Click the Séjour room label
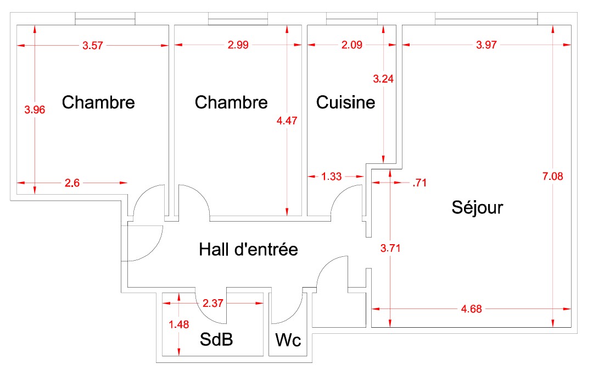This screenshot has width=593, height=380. pos(477,208)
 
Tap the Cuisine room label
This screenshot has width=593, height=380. pos(346,102)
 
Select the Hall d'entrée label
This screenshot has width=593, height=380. pos(249,249)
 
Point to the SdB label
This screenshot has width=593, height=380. pos(216,339)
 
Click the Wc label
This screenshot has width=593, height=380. pos(288,340)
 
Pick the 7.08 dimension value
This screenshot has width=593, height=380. pos(552,176)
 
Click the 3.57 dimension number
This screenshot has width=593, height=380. pos(93,46)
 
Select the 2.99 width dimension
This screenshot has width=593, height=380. pos(238,45)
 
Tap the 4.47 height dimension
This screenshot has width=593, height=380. pos(287,120)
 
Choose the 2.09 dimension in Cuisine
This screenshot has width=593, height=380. pos(352,45)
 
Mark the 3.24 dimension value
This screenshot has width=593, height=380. pos(383,79)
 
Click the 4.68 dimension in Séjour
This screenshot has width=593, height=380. pos(471,309)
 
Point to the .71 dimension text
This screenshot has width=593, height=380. pos(419,183)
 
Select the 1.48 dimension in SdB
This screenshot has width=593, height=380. pos(178,324)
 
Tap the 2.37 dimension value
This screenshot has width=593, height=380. pos(212,303)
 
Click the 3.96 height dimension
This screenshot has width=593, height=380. pos(35,110)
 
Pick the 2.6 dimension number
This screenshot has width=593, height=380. pos(72,183)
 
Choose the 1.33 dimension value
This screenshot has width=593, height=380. pos(331,177)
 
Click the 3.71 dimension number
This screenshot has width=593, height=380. pos(390,248)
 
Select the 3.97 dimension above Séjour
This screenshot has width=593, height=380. pos(486,45)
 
